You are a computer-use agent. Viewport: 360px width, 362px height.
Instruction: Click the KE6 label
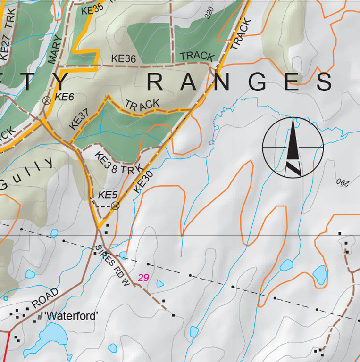pyautogui.click(x=65, y=97)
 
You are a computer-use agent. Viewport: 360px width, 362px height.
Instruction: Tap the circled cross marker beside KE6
pyautogui.click(x=46, y=100)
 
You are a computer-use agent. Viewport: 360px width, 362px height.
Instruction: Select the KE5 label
pyautogui.click(x=108, y=195)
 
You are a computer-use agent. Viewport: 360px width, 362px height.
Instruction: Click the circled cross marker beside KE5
pyautogui.click(x=115, y=206)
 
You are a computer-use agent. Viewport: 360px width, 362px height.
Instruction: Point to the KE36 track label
pyautogui.click(x=124, y=59)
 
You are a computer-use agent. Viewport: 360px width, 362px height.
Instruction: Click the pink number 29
pyautogui.click(x=143, y=278)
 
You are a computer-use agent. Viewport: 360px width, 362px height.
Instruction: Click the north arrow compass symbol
pyautogui.click(x=293, y=148)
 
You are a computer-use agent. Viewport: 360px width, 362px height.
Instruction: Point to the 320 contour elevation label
pyautogui.click(x=209, y=13)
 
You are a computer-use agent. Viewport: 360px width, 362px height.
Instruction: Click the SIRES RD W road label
pyautogui.click(x=112, y=265)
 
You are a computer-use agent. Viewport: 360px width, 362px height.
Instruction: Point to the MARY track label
pyautogui.click(x=55, y=49)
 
